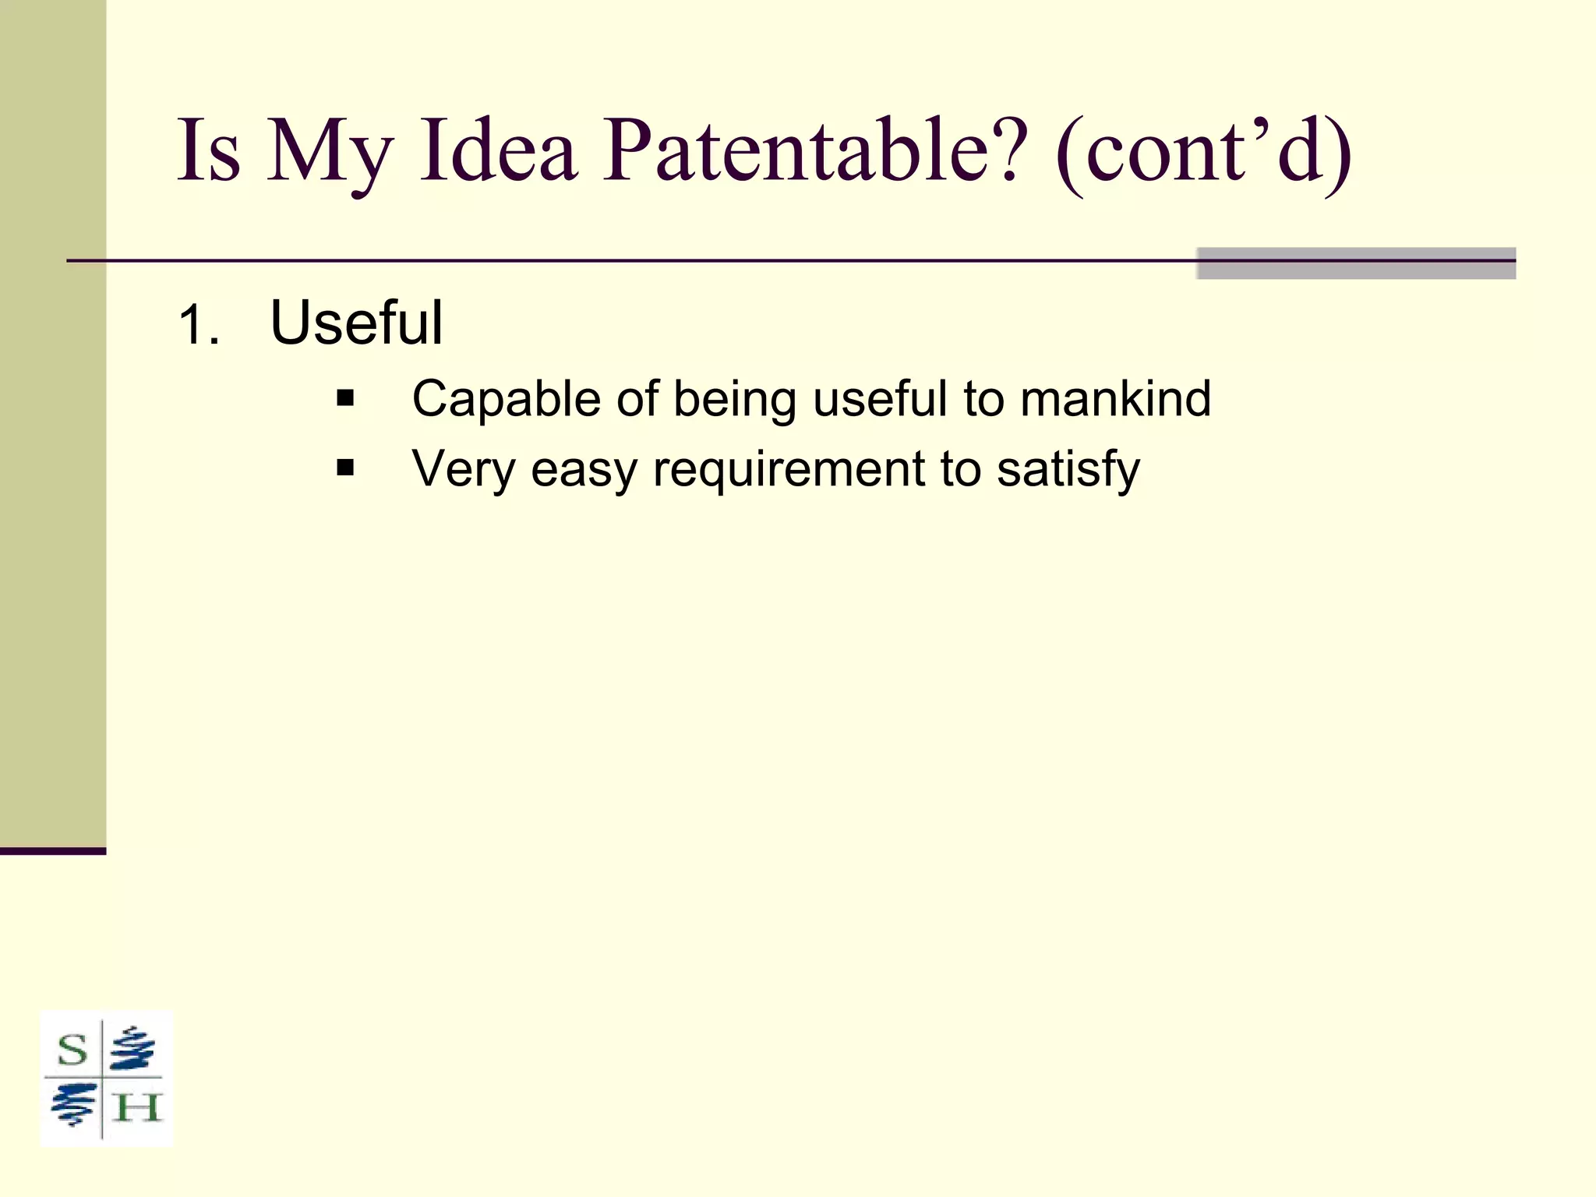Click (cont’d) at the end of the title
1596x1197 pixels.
click(x=1204, y=152)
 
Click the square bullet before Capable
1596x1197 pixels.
click(x=345, y=399)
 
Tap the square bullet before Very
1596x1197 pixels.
click(x=345, y=468)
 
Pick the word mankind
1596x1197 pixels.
click(x=1115, y=399)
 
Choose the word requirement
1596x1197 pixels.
click(x=789, y=470)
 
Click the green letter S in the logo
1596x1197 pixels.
click(x=72, y=1050)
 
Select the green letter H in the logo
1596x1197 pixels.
click(x=137, y=1107)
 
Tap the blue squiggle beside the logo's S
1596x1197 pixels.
click(x=132, y=1049)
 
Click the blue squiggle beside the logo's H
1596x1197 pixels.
click(x=72, y=1105)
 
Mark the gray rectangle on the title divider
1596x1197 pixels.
click(x=1355, y=263)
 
